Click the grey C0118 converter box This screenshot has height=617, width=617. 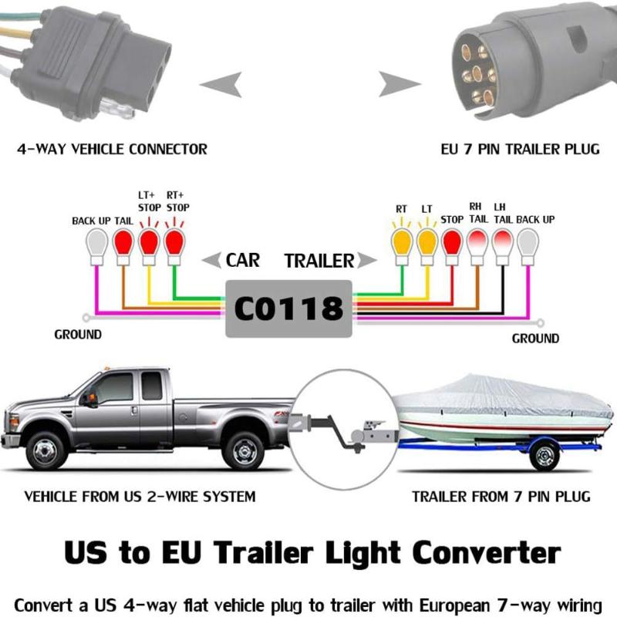[x=288, y=308]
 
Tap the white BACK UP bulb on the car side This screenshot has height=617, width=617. [x=97, y=247]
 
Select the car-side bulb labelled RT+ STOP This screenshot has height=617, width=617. [x=174, y=247]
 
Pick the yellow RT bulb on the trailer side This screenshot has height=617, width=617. [x=402, y=247]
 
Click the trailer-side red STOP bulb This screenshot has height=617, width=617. [x=452, y=247]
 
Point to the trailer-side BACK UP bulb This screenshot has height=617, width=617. [x=528, y=247]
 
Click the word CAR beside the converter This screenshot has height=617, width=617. [x=242, y=260]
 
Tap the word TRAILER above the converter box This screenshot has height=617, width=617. [x=319, y=261]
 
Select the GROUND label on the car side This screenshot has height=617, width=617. [x=78, y=335]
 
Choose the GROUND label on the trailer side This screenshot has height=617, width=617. [x=535, y=339]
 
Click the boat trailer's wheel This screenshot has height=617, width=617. [x=545, y=456]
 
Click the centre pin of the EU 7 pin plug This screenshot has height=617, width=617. [x=477, y=73]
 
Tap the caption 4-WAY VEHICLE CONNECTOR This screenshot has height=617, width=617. [x=112, y=149]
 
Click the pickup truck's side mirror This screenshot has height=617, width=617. [x=91, y=399]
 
